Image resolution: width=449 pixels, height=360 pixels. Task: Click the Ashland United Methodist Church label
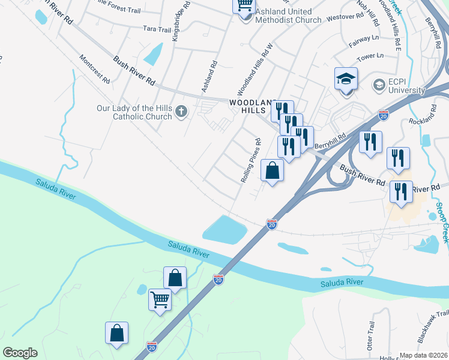284,16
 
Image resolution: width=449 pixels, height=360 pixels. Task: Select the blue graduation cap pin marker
346,79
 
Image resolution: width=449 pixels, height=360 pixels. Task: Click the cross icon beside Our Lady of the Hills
181,112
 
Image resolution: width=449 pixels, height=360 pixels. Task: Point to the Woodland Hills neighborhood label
253,107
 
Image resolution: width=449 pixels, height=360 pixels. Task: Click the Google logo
20,353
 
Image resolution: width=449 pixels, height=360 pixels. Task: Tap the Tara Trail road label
157,28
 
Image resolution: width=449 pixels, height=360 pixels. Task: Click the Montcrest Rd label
95,69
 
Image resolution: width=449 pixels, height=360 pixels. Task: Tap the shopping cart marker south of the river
160,300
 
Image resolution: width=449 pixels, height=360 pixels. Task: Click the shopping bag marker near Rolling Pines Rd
273,170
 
